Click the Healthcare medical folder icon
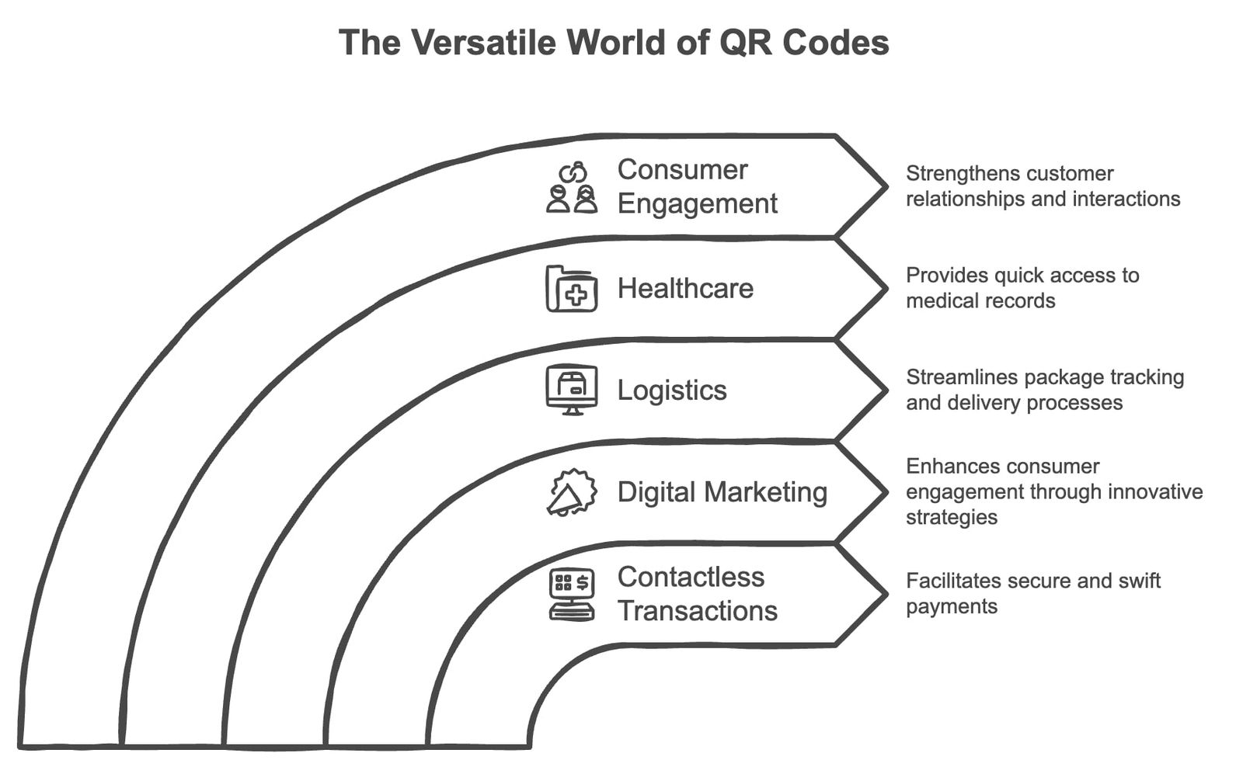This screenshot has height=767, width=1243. (x=572, y=289)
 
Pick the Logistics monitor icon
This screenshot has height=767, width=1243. (x=572, y=390)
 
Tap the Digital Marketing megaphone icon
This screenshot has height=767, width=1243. (x=572, y=492)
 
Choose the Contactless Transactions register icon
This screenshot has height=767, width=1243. (x=572, y=595)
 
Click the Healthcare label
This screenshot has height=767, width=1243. (x=685, y=289)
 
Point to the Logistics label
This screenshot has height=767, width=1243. (x=672, y=390)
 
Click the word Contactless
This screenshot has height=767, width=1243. (x=691, y=577)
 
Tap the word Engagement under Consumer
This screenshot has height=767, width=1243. (x=697, y=203)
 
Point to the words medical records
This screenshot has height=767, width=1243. (x=980, y=301)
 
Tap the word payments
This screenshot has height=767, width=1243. (x=951, y=606)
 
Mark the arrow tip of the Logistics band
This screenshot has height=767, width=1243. (x=884, y=390)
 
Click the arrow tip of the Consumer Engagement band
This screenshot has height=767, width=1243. (x=884, y=186)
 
